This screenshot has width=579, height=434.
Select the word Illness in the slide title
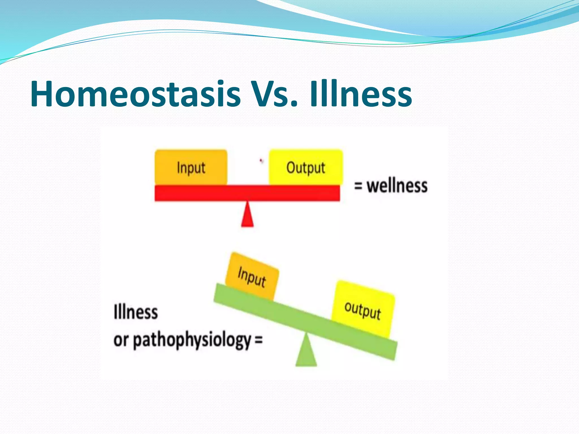click(361, 94)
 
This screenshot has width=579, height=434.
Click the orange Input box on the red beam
click(191, 167)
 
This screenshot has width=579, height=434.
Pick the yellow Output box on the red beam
click(306, 167)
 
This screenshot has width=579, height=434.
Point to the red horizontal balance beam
click(247, 193)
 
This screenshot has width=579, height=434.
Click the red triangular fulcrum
click(247, 216)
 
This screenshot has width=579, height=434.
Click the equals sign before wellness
click(358, 186)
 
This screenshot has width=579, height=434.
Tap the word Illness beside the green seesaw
click(136, 312)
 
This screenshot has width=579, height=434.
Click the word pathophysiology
click(192, 340)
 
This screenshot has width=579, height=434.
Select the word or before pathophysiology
click(121, 340)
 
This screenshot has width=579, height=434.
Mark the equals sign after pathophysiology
click(258, 339)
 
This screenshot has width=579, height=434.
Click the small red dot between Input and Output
click(261, 161)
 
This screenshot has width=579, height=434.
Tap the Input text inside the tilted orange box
click(252, 277)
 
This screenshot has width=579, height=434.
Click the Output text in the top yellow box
click(306, 168)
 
